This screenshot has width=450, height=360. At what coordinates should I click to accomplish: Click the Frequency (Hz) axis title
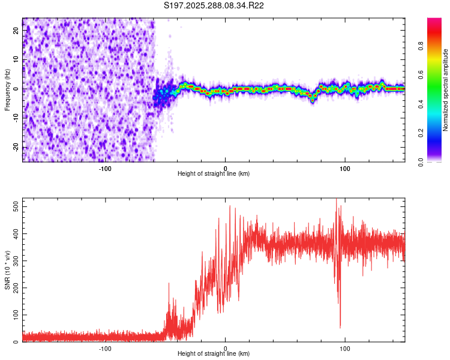coord(7,89)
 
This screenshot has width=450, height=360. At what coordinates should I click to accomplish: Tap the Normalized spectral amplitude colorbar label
coord(446,89)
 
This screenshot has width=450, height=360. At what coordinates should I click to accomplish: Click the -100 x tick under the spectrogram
coord(105,168)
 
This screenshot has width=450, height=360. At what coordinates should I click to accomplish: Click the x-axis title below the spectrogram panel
coord(214,174)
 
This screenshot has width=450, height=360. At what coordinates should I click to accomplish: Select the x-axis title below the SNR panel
coord(214,354)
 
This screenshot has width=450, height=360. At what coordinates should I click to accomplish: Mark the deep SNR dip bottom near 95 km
coord(340,327)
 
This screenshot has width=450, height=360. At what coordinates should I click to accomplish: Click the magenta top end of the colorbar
coord(434,21)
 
